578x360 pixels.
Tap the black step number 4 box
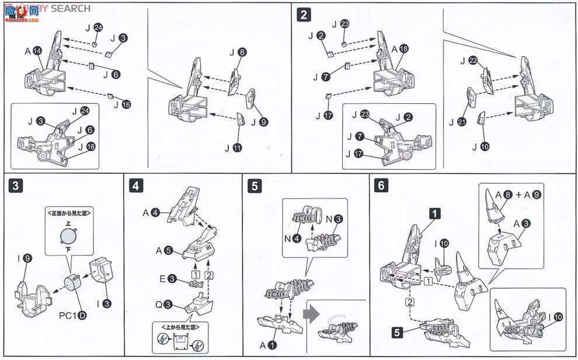click(x=136, y=187)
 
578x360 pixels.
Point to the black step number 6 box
click(x=381, y=187)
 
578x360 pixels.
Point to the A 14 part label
click(x=33, y=52)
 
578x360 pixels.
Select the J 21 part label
click(x=459, y=121)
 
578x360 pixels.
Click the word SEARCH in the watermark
click(x=71, y=8)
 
